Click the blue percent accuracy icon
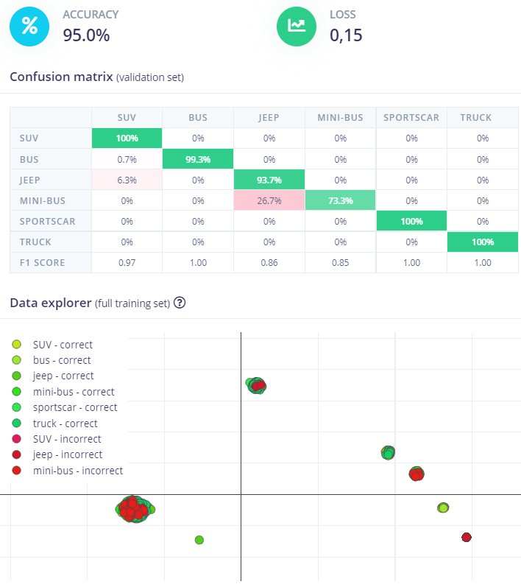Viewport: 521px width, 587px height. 29,26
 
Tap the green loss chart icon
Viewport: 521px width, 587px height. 297,26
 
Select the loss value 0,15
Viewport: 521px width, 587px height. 346,35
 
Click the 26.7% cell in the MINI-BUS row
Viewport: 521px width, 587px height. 269,200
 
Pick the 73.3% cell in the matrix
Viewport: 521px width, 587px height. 340,200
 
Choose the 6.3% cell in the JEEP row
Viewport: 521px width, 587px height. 127,179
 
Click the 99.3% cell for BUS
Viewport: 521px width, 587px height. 198,158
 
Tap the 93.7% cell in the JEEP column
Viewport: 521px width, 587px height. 269,179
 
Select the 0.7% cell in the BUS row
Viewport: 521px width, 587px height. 127,158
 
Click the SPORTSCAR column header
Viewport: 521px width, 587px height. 411,117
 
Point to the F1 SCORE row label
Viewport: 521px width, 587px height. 43,262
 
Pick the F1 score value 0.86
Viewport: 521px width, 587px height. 269,262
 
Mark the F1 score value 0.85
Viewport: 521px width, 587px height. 340,262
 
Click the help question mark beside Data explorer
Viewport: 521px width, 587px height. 179,303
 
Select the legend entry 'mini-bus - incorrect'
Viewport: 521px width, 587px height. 77,471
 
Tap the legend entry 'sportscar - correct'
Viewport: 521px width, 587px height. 74,407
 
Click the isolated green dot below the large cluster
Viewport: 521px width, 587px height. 199,540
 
